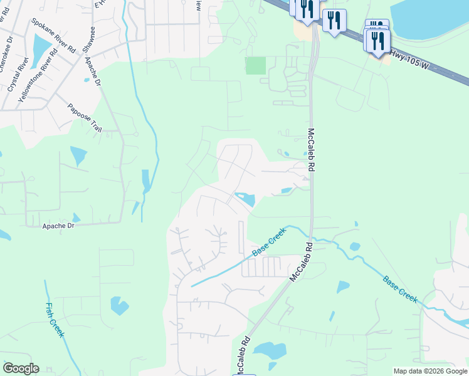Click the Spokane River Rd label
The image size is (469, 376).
tap(53, 35)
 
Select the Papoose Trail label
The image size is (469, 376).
tap(84, 118)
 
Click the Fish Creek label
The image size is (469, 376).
tap(55, 320)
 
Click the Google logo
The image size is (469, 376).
tap(21, 368)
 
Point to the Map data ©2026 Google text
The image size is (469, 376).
tap(430, 371)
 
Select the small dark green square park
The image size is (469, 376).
tap(255, 65)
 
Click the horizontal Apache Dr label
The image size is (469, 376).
tap(58, 226)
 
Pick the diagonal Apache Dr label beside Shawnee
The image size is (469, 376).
tap(92, 71)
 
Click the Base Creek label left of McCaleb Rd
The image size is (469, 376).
tap(269, 241)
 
